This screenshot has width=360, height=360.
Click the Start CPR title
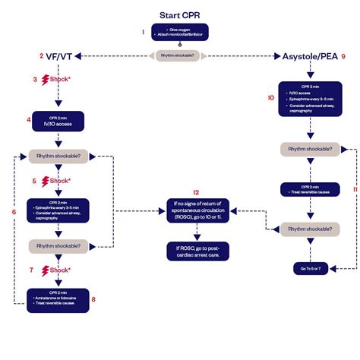tap(180, 15)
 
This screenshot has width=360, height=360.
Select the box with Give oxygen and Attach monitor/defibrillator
tap(180, 33)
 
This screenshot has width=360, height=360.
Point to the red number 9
tap(343, 57)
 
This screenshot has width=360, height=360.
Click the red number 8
tap(93, 298)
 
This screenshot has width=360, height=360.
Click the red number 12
tap(196, 192)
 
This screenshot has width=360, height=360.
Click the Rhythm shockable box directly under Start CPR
tap(180, 55)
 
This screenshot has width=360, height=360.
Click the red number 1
tap(142, 32)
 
